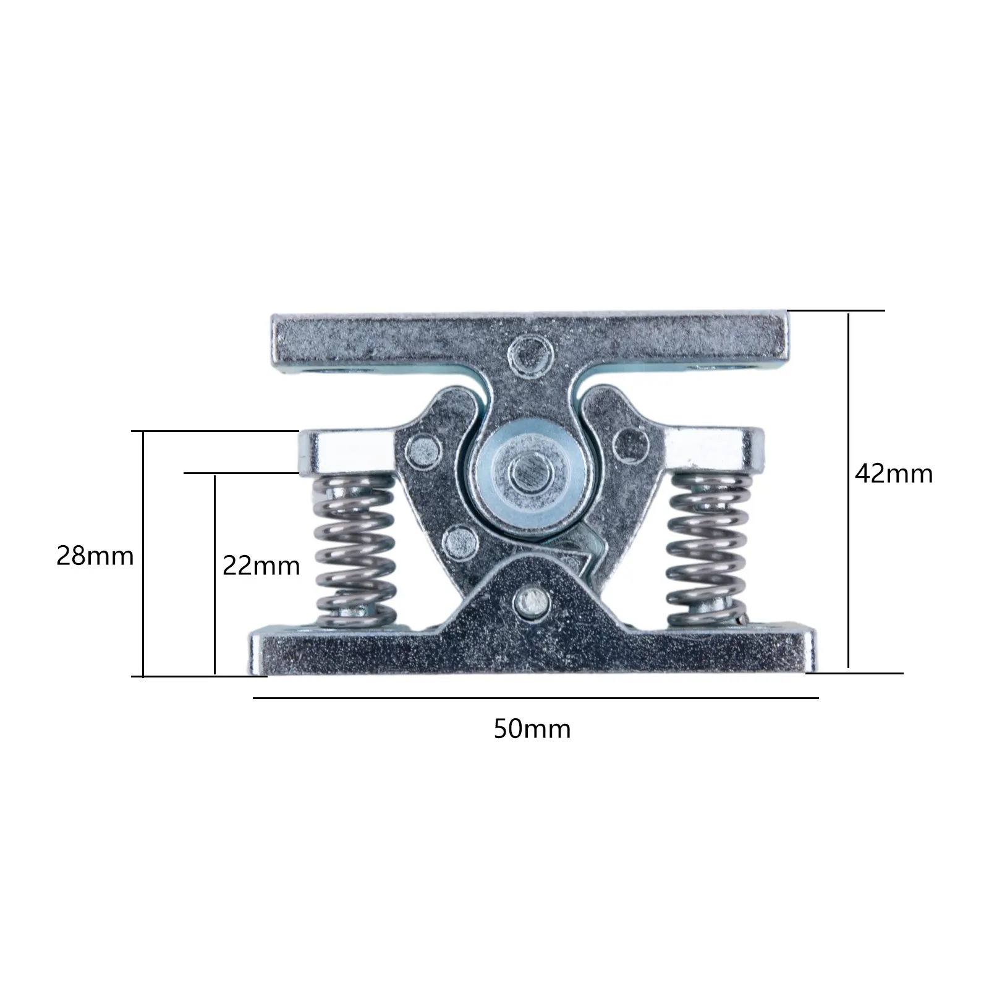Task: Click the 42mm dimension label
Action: pos(894,474)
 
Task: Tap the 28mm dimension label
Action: pos(95,556)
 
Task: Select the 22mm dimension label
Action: pos(261,566)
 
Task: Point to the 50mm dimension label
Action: pos(532,729)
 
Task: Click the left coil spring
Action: pos(354,550)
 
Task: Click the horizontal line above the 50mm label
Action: pos(535,698)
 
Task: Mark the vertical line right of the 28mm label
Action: pos(143,553)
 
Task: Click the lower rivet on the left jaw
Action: pos(461,541)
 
